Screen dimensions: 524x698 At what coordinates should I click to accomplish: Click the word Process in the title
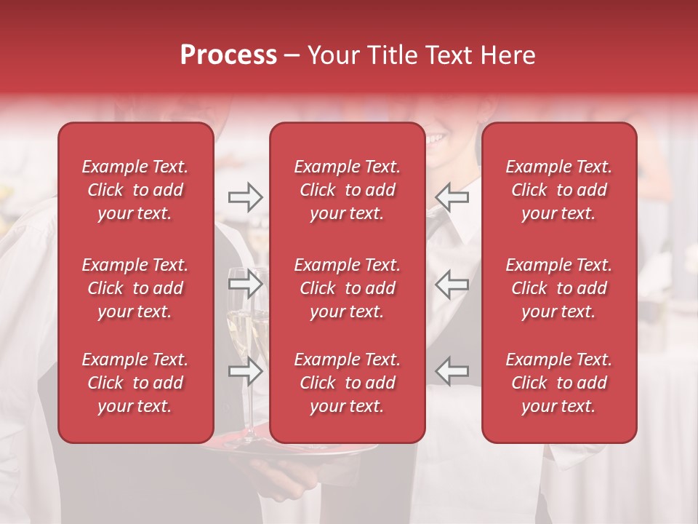tap(228, 55)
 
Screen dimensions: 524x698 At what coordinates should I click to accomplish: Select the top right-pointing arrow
tap(245, 197)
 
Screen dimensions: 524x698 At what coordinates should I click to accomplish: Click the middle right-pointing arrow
tap(245, 285)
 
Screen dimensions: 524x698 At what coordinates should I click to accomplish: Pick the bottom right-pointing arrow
tap(245, 372)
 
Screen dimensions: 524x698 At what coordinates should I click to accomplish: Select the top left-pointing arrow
tap(452, 197)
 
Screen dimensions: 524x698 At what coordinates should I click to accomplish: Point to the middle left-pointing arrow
tap(452, 285)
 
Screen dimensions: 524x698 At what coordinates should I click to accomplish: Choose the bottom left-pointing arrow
tap(452, 370)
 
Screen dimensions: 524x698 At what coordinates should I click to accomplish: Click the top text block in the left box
tap(135, 190)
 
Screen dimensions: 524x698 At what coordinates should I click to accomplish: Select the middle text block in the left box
tap(135, 288)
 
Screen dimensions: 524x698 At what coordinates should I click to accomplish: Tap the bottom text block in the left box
tap(135, 383)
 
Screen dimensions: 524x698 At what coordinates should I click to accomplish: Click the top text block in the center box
tap(347, 190)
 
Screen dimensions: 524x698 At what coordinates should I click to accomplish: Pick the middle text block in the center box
tap(347, 288)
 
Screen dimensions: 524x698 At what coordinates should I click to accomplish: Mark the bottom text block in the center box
tap(347, 383)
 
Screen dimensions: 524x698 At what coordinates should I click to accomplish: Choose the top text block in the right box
tap(558, 190)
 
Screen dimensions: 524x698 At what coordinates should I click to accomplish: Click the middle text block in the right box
tap(558, 288)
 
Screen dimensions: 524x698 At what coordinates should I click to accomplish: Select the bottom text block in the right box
tap(558, 383)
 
